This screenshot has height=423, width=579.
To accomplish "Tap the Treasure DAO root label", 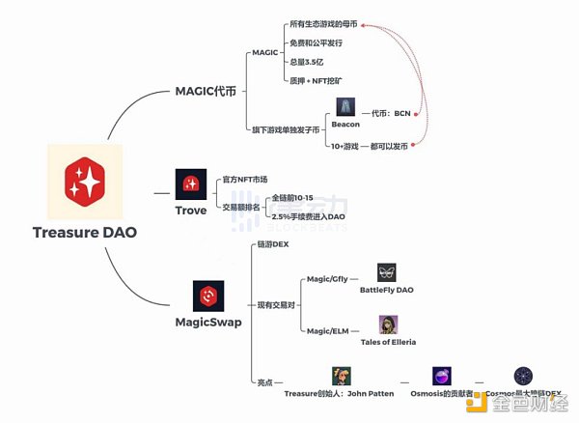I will [84, 232].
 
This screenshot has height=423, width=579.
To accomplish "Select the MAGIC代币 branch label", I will [206, 91].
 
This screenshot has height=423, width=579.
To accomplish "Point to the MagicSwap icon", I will [207, 296].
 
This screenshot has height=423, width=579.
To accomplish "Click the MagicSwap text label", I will [207, 321].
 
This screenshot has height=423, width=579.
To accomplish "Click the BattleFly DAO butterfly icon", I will [386, 272].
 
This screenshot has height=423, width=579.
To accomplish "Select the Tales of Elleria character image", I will [389, 324].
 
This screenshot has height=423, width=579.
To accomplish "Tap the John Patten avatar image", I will [340, 376].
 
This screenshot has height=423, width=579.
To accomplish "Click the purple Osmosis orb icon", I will [441, 377].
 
